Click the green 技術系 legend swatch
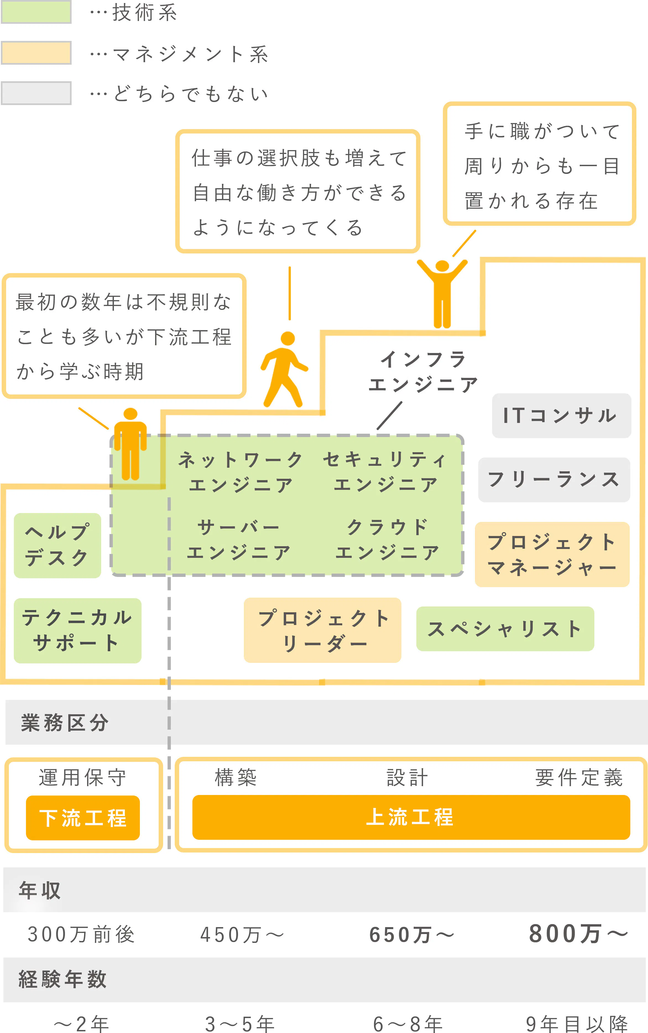36,12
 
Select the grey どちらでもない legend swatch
36,93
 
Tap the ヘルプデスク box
58,545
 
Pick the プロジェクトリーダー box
322,630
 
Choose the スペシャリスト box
505,629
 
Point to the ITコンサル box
561,415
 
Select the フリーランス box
554,479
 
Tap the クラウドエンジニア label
387,539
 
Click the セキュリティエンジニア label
385,472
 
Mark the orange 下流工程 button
83,817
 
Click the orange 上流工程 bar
411,817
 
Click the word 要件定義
579,778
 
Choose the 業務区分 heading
65,723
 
